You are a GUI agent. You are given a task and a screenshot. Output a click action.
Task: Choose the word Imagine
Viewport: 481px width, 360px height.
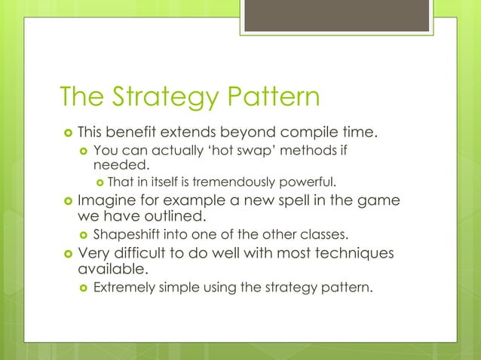tap(109, 201)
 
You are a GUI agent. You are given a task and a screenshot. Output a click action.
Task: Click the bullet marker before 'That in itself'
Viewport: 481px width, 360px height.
tap(100, 182)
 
